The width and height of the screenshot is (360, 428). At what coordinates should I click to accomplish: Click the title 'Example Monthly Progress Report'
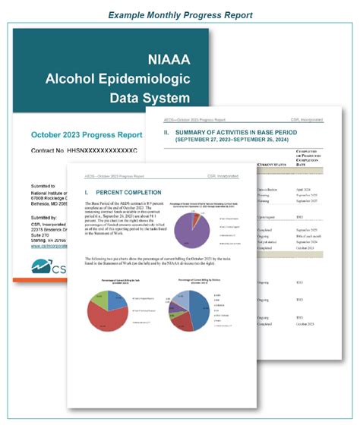[180, 14]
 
